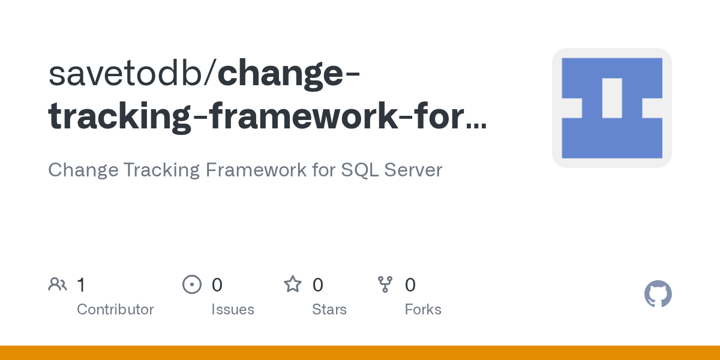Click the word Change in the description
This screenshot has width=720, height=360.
tap(82, 170)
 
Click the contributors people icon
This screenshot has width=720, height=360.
tap(58, 284)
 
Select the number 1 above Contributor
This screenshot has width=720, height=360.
tap(81, 284)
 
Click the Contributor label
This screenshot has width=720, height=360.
tap(115, 310)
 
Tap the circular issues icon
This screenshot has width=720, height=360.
tap(192, 284)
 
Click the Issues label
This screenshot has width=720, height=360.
tap(233, 310)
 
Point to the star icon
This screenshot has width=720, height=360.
tap(293, 284)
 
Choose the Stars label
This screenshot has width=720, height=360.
tap(329, 310)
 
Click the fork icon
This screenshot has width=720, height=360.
tap(385, 284)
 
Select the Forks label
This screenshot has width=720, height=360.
tap(423, 310)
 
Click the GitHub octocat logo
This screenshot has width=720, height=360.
tap(658, 294)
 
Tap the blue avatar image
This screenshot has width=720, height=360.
tap(612, 108)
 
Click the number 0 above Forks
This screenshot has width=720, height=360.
tap(410, 284)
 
